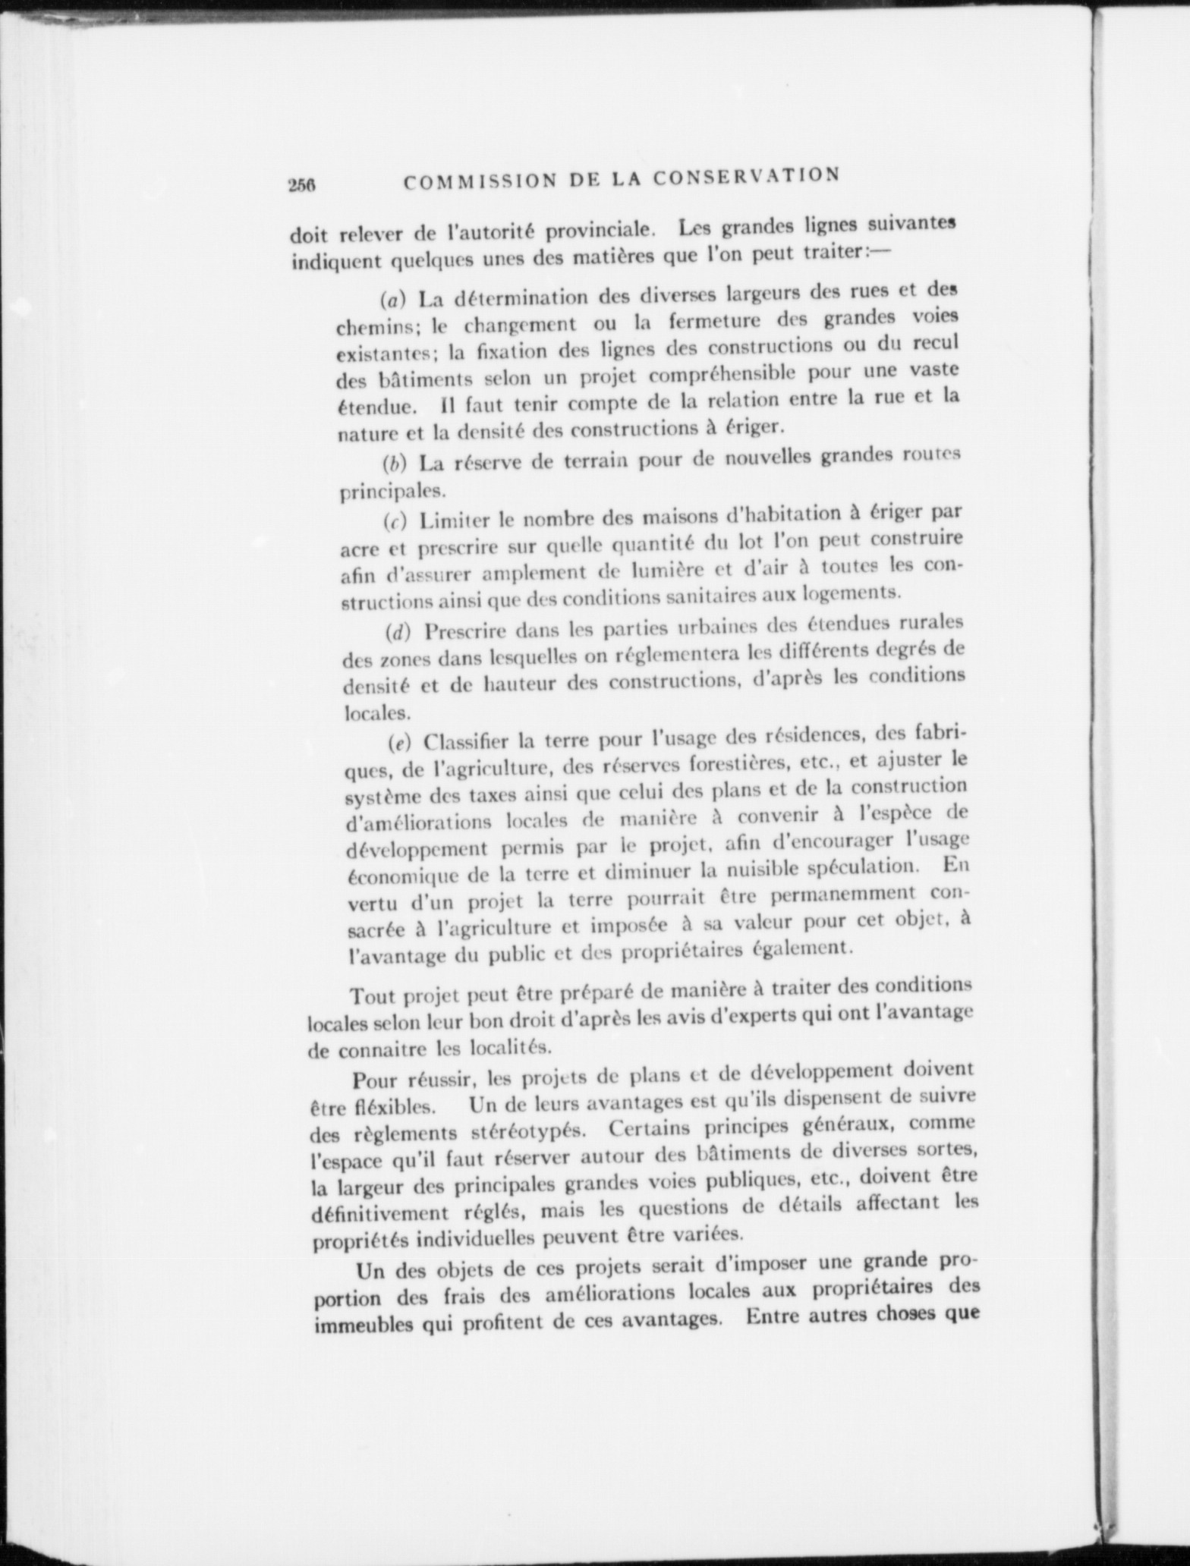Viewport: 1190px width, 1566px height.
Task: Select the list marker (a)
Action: (x=394, y=298)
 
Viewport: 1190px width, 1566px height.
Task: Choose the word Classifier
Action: (x=467, y=740)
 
